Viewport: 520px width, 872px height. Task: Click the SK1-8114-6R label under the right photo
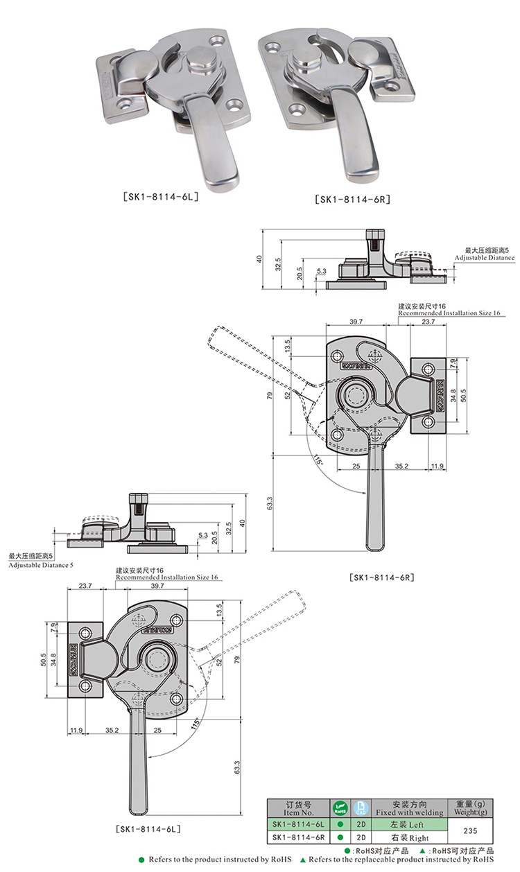click(x=353, y=200)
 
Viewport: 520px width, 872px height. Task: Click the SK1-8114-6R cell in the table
click(x=299, y=837)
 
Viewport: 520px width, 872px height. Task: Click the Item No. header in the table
click(x=299, y=811)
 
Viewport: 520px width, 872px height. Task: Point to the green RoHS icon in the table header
click(x=340, y=808)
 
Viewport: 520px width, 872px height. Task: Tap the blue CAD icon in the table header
click(x=360, y=808)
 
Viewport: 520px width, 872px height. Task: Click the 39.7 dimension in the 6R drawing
click(x=356, y=321)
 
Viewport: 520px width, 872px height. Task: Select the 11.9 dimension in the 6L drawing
click(x=76, y=730)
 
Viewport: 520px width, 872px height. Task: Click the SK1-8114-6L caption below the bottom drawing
click(x=148, y=828)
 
